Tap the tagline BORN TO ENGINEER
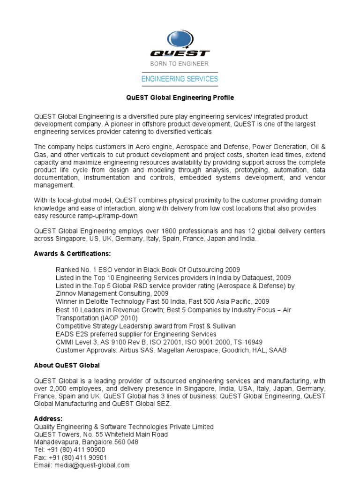[x=180, y=63]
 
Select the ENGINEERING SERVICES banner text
[x=180, y=79]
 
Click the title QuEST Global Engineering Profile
[x=180, y=98]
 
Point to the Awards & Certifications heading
[x=72, y=254]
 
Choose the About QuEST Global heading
[x=67, y=365]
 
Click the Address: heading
[x=48, y=419]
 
